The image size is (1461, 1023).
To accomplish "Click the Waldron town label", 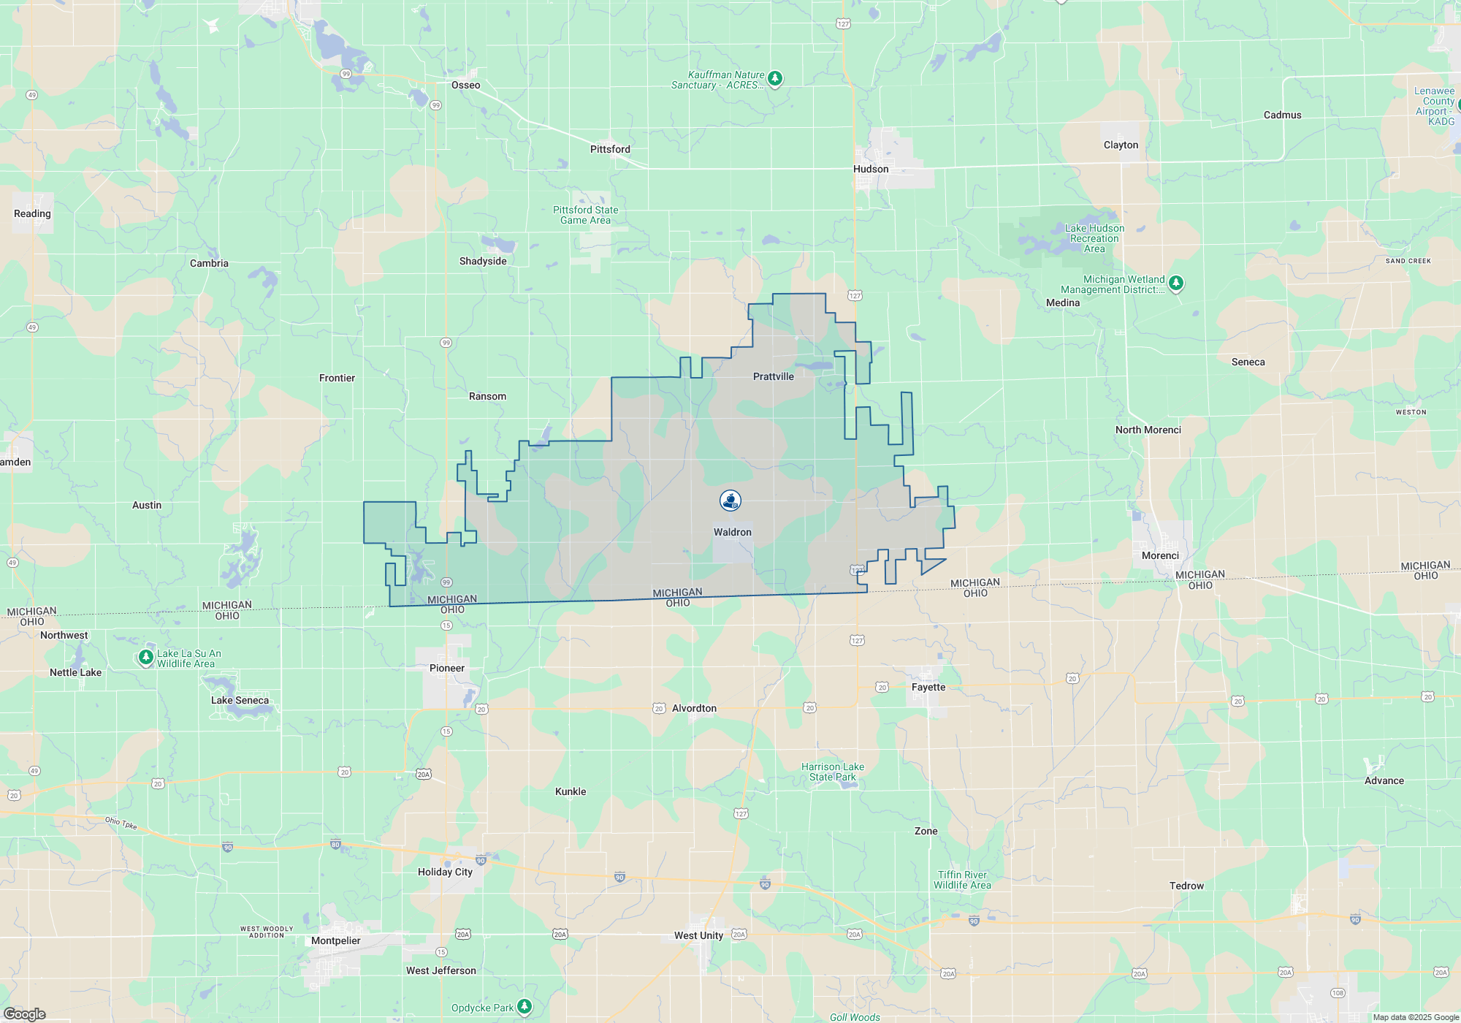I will pos(732,532).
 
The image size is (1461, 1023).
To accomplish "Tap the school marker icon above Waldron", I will pos(730,500).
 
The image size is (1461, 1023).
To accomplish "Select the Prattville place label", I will pos(773,376).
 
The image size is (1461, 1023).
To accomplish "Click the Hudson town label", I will pos(871,169).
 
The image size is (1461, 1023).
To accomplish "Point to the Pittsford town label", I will pos(610,149).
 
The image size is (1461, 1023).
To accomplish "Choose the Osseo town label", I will pos(465,85).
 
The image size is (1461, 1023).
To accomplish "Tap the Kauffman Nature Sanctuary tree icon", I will pos(775,78).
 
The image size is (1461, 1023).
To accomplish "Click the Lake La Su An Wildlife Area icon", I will pos(146,658).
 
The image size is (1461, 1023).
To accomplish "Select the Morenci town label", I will pos(1160,555).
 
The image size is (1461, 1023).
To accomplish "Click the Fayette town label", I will pos(928,687).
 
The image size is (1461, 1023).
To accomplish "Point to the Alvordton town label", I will pos(694,708).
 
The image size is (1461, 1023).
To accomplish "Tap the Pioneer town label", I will pos(446,668).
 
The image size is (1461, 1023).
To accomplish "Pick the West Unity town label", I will pos(698,935).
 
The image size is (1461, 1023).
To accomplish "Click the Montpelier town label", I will pos(335,940).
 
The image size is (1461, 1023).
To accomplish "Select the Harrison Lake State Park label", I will pos(832,772).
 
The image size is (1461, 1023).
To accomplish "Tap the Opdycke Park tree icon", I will pos(524,1007).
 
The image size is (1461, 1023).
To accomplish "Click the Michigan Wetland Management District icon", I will pos(1175,283).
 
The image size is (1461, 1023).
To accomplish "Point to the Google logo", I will pos(25,1014).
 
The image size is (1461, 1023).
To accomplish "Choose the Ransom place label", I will pos(487,396).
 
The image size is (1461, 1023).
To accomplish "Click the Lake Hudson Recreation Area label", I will pos(1094,238).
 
